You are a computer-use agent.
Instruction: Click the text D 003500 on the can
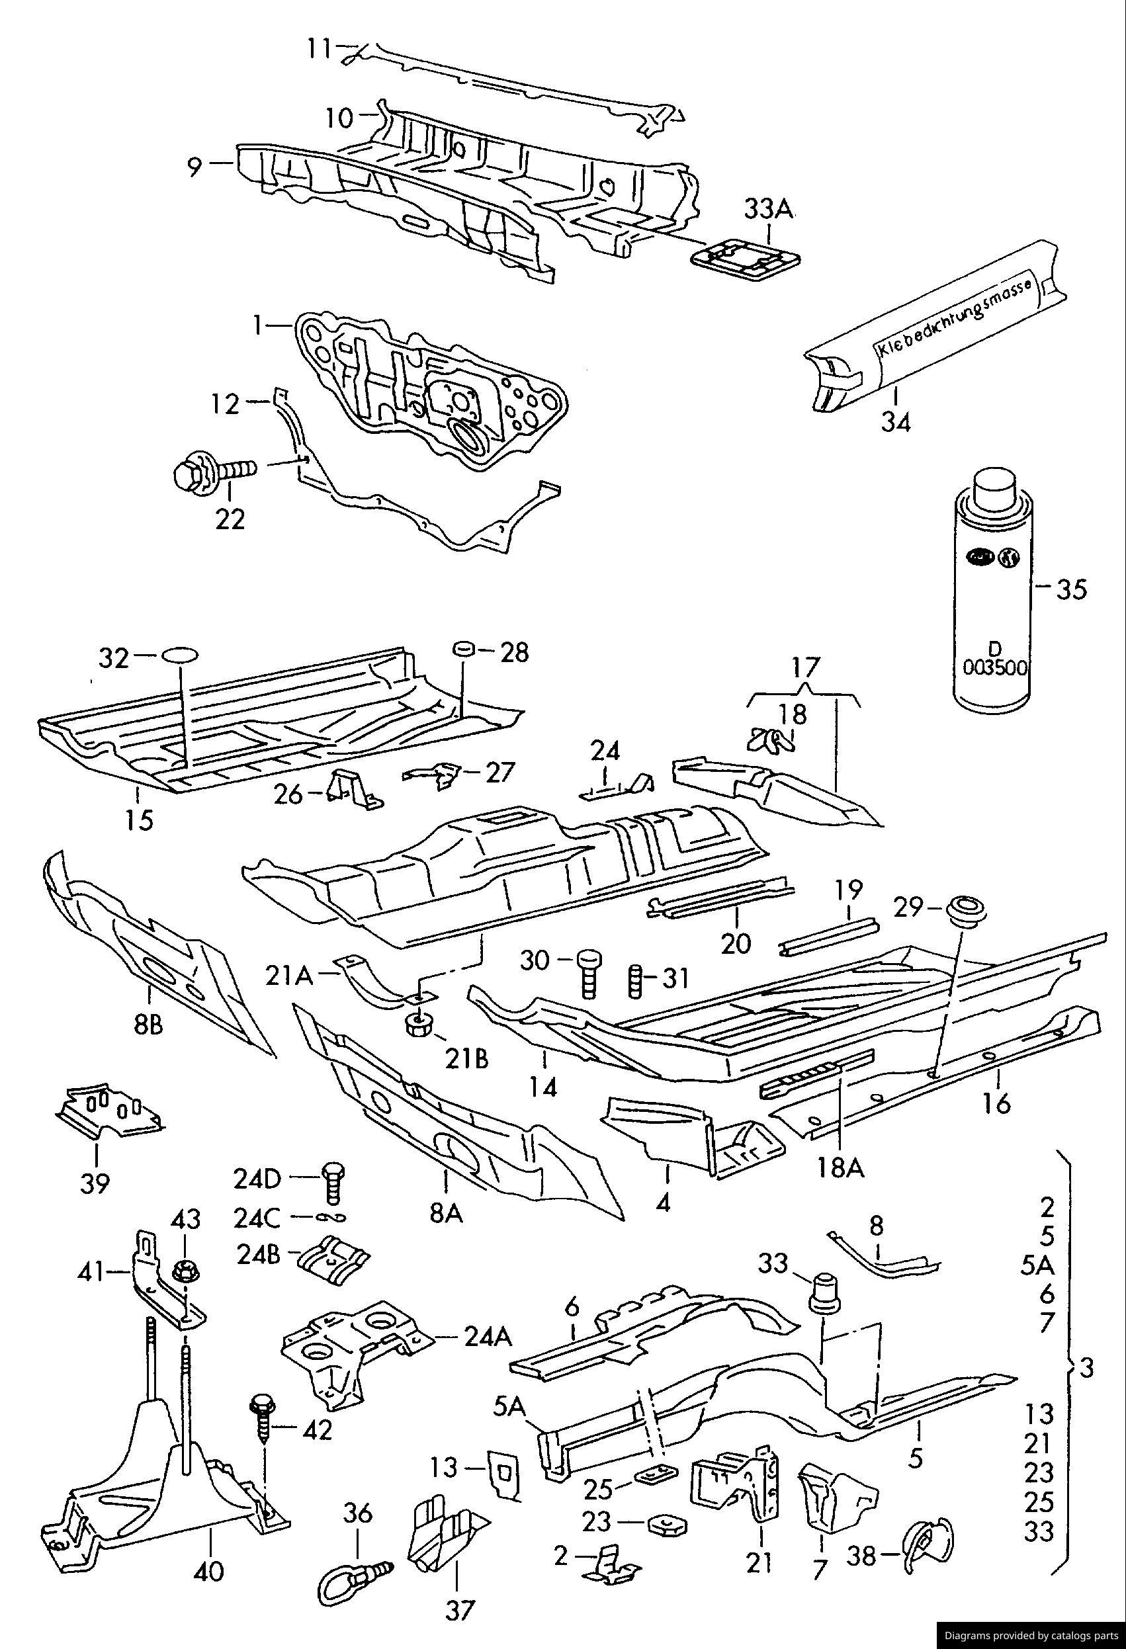coord(994,657)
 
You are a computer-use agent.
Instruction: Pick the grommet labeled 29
coord(962,909)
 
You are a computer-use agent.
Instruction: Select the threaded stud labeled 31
coord(636,980)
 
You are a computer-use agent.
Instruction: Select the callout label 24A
coord(488,1337)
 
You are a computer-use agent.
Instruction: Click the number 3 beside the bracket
coord(1086,1367)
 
